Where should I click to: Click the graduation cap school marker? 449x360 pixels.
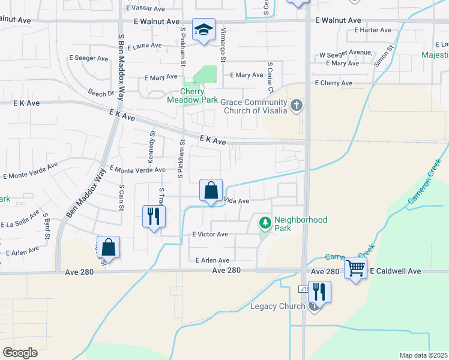point(204,29)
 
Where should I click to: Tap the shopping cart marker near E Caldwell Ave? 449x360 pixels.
point(355,268)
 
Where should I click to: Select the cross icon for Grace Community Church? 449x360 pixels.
point(296,106)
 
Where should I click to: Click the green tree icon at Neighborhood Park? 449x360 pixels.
point(265,224)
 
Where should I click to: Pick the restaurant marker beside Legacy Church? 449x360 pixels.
point(319,292)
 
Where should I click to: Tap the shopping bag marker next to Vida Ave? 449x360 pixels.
point(211,190)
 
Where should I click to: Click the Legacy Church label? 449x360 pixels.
point(277,307)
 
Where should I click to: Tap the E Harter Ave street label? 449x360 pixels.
point(373,30)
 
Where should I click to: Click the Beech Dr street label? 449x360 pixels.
point(101,94)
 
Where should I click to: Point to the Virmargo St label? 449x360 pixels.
point(223,44)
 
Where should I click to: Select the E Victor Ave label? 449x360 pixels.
point(209,234)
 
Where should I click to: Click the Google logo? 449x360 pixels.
point(20,353)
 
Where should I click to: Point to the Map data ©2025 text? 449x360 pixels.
point(423,355)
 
